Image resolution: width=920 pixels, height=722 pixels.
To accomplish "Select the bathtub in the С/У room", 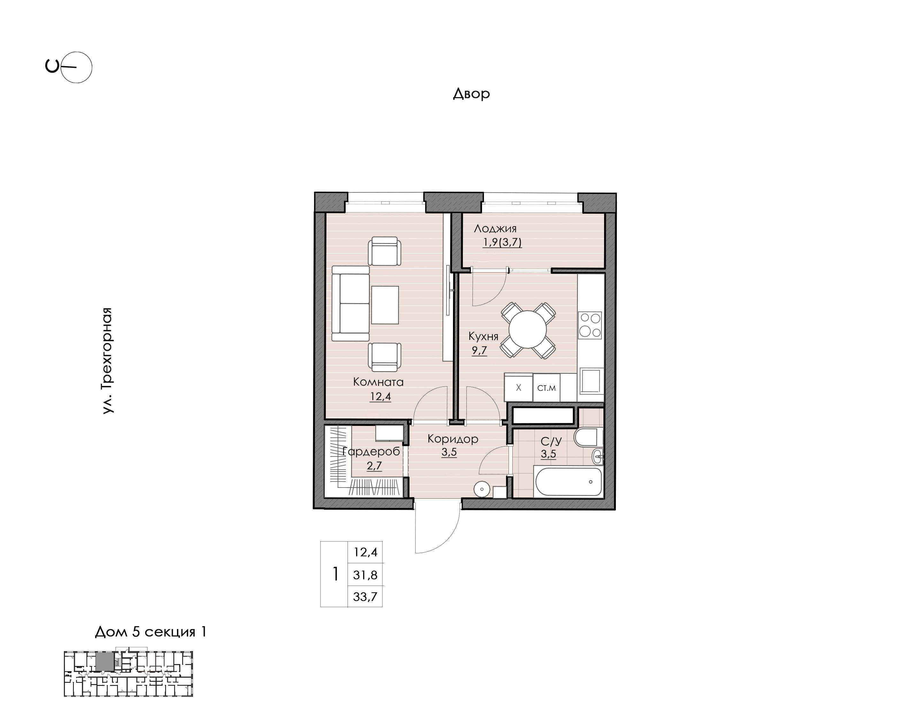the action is [x=568, y=482].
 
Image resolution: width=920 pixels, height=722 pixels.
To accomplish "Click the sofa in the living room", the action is [x=350, y=303].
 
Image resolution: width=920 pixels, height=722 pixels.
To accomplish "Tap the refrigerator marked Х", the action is [x=518, y=387].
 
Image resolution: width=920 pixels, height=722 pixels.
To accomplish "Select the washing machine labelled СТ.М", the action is [x=547, y=387].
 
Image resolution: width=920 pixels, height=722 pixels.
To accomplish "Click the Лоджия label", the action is [x=495, y=229].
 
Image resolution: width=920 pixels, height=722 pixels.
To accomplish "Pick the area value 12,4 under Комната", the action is [x=380, y=396].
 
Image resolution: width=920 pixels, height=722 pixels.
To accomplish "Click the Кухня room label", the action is [x=483, y=336].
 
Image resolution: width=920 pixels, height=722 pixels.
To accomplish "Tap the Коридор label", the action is [x=453, y=439].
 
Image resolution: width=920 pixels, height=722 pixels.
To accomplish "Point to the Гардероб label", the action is [x=371, y=451].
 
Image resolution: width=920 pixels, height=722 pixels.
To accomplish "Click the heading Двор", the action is [x=471, y=93].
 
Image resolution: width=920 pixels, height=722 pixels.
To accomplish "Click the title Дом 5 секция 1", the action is [x=150, y=632].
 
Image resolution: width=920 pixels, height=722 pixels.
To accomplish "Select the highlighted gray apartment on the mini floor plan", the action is [x=105, y=662].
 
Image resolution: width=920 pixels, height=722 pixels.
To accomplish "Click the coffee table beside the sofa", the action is [x=385, y=305].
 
